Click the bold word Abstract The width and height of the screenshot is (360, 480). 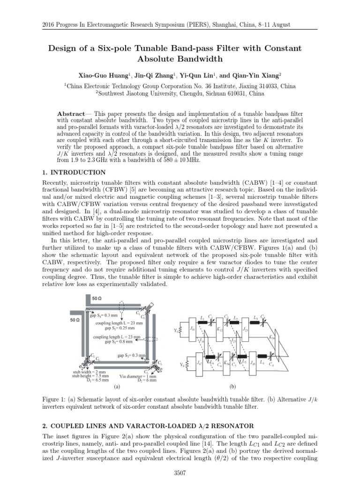point(71,114)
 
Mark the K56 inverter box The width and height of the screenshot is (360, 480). point(227,364)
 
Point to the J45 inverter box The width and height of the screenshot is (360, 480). point(253,364)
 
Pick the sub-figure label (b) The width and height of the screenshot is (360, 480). point(232,387)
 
